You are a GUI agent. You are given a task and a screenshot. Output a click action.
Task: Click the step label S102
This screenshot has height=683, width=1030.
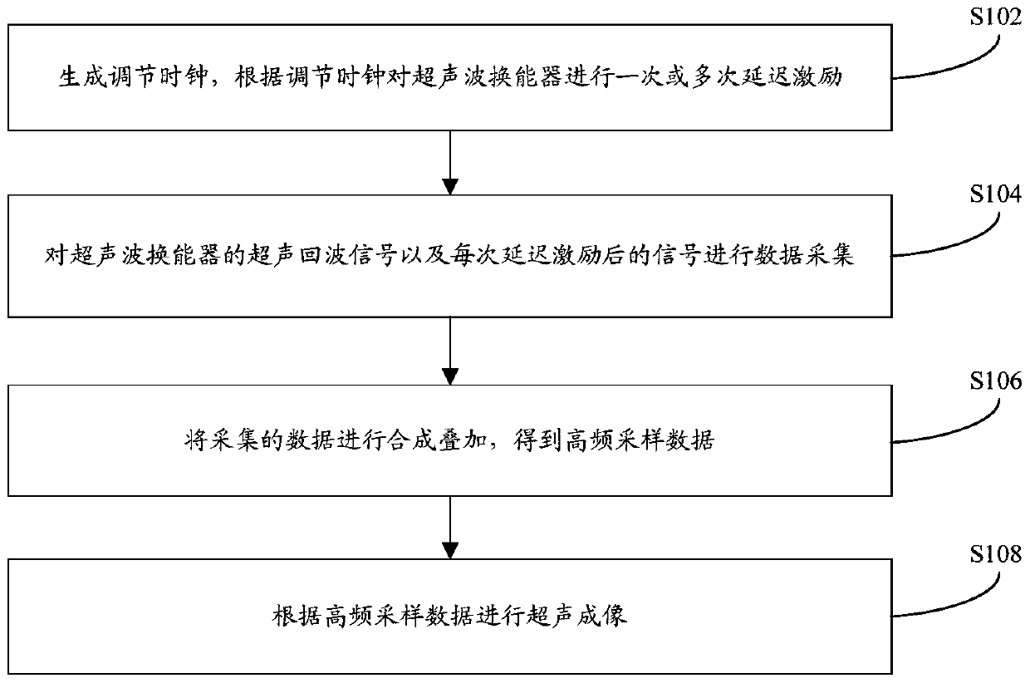point(995,17)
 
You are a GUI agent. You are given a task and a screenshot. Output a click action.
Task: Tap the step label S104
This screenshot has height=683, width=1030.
point(995,194)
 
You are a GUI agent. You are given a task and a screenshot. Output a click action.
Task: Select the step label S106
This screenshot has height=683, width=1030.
point(995,381)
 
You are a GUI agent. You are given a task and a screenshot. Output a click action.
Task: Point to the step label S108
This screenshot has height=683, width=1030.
point(995,554)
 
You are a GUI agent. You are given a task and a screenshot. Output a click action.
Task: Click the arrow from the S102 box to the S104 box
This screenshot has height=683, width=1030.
point(450,163)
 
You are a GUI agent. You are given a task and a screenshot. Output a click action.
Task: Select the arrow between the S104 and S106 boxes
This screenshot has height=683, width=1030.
point(450,351)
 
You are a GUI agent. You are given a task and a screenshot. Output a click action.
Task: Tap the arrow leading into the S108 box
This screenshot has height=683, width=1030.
point(450,527)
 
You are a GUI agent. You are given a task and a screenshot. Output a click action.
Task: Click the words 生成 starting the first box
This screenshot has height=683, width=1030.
point(82,76)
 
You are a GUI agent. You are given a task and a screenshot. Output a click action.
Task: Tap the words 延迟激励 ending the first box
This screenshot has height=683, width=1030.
point(792,76)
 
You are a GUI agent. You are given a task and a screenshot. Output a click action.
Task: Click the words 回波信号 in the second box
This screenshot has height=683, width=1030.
point(350,255)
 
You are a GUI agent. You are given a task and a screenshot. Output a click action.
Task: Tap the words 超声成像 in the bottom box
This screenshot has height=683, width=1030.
point(577,616)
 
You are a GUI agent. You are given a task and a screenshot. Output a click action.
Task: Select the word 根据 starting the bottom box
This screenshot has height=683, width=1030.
point(296,616)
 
